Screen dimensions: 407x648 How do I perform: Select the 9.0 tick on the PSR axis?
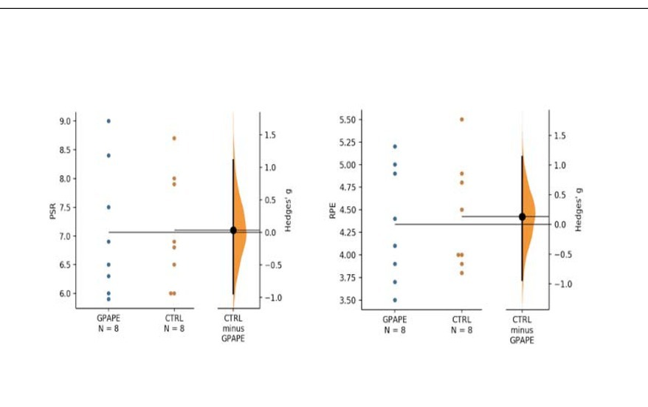pos(66,121)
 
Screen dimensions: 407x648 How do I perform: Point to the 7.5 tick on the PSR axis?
pos(66,208)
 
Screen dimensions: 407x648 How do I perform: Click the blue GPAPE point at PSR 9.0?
pos(108,121)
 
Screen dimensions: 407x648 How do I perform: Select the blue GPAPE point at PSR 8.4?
pos(108,155)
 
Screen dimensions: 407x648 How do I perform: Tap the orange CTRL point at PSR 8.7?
pos(173,138)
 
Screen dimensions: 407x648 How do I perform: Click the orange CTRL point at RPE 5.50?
pos(462,119)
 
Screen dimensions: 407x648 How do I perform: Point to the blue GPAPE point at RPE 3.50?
pos(395,300)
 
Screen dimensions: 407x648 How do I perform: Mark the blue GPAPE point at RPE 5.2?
pos(395,146)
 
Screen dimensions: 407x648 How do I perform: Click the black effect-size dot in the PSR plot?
pos(233,230)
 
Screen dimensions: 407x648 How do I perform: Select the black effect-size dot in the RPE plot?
pos(523,216)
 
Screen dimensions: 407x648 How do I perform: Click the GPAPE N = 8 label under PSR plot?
pos(108,324)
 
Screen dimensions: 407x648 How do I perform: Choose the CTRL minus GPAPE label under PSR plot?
pos(234,328)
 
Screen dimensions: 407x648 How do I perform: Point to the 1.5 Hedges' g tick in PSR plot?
pos(270,134)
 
